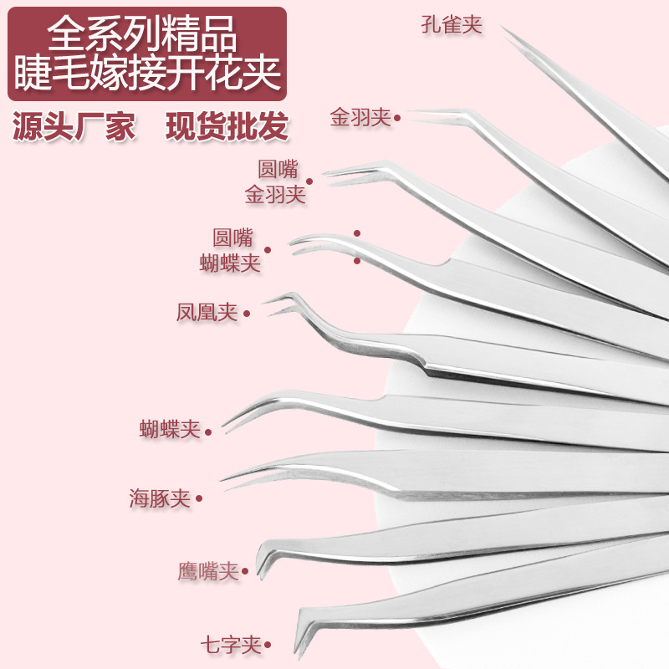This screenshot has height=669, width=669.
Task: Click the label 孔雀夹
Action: [452, 24]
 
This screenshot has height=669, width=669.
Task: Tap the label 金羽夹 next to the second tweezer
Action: [360, 117]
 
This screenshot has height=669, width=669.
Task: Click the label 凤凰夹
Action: [207, 312]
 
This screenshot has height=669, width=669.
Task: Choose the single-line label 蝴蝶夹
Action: [171, 429]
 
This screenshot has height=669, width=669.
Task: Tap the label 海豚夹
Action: [160, 498]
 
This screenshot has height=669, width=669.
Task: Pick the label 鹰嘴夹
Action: [208, 571]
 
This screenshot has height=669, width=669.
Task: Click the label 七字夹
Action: [231, 644]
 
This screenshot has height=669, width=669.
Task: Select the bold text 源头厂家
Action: [74, 126]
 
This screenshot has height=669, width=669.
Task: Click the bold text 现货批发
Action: [227, 126]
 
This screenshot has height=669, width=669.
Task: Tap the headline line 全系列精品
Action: [142, 33]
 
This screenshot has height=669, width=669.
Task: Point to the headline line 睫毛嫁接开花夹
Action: [147, 72]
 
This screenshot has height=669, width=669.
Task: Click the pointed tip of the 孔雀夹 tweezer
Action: [502, 28]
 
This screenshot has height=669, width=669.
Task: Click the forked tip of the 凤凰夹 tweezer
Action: [264, 304]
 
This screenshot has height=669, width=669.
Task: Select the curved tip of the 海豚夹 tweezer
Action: [221, 481]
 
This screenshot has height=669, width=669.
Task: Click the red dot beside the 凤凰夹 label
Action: [247, 314]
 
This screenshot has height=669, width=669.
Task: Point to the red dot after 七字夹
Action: [268, 645]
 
